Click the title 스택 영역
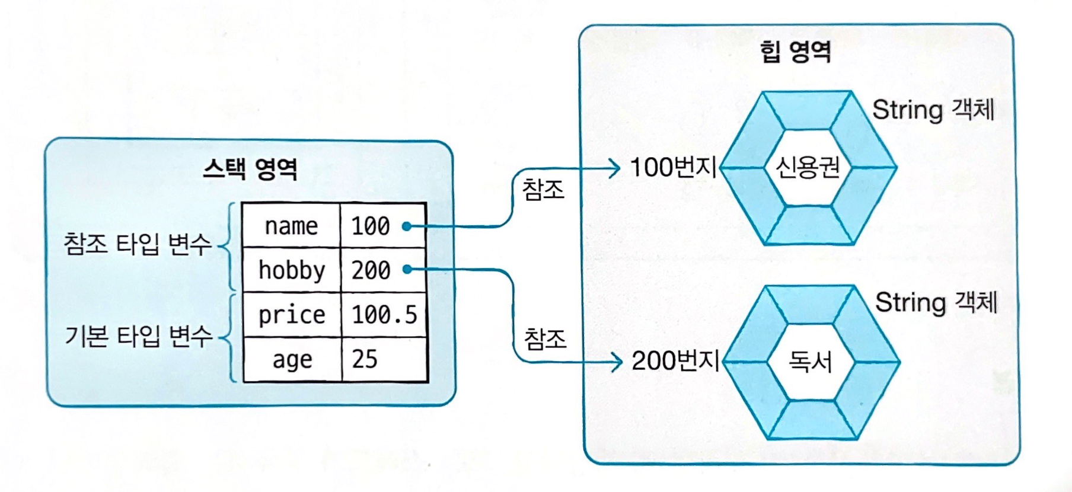(x=250, y=169)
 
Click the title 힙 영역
(x=795, y=52)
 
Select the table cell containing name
(x=291, y=226)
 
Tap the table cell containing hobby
(x=291, y=270)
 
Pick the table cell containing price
(x=291, y=315)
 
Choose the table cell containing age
(x=292, y=360)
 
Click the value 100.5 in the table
(x=384, y=315)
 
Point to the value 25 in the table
(x=365, y=359)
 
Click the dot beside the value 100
(x=407, y=226)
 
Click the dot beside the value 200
(x=407, y=270)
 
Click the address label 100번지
(x=673, y=167)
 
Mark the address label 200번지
(x=675, y=360)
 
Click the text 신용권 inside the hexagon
(x=808, y=167)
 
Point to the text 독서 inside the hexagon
(x=810, y=361)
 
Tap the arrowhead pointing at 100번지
(x=615, y=168)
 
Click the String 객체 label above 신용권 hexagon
(x=933, y=110)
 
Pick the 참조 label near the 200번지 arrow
(x=545, y=339)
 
